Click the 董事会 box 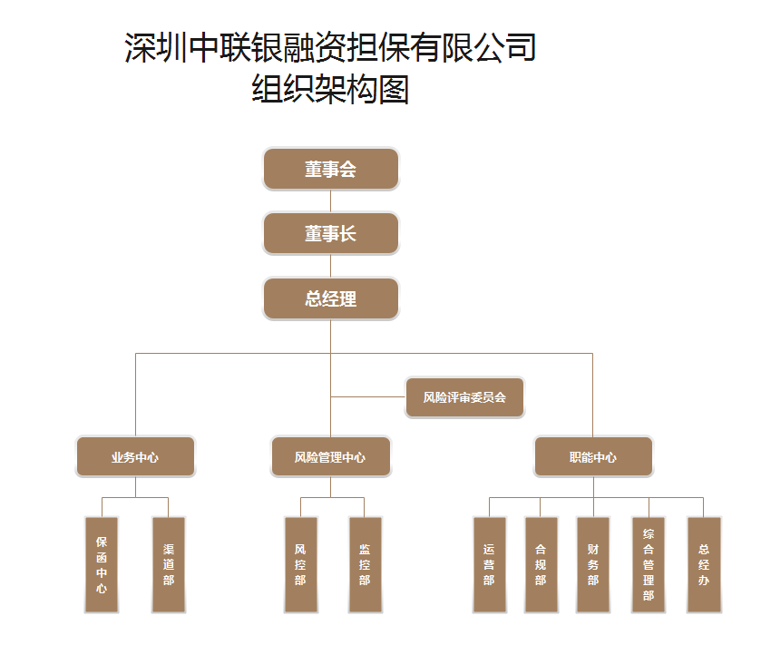click(x=331, y=169)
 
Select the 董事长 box click(x=331, y=234)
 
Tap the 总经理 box click(x=331, y=299)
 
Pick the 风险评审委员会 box click(x=464, y=397)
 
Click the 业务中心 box click(x=135, y=457)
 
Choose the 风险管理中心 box click(x=330, y=457)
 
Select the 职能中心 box click(x=593, y=457)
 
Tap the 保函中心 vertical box click(x=102, y=564)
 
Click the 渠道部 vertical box click(x=169, y=564)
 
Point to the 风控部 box click(x=300, y=564)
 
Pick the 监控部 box click(x=365, y=564)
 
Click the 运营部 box click(x=489, y=564)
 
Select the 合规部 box click(x=541, y=564)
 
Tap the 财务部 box click(x=593, y=564)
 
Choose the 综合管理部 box click(x=649, y=564)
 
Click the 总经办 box click(x=704, y=564)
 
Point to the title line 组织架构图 click(x=330, y=90)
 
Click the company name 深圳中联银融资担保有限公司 click(x=330, y=47)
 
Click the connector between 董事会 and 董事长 click(x=331, y=201)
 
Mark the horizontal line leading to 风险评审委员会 click(x=367, y=396)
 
